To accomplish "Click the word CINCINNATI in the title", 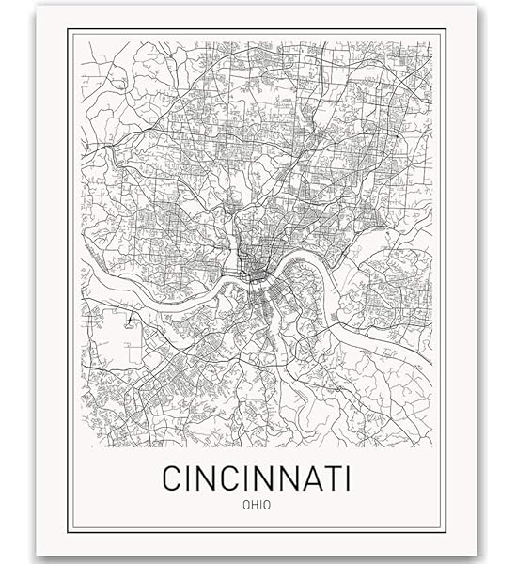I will point(257,478).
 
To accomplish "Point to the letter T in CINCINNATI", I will point(326,478).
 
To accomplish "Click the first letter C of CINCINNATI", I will point(172,478).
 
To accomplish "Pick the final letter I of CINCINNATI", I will point(344,478).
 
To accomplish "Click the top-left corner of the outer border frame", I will point(68,29).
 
